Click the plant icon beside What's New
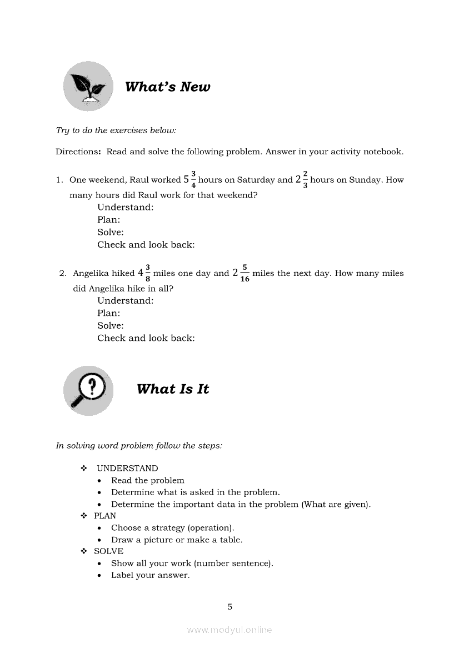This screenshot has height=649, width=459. (x=88, y=86)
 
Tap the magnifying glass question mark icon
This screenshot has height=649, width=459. (x=88, y=390)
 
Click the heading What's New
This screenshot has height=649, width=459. (x=167, y=87)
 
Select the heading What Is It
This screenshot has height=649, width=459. (x=173, y=389)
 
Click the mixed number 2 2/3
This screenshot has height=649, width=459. (x=302, y=179)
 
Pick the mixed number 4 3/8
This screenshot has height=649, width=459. (x=144, y=273)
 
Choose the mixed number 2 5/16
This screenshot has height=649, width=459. (x=241, y=273)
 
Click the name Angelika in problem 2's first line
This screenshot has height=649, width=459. (x=92, y=273)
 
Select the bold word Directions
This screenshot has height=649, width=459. (x=78, y=152)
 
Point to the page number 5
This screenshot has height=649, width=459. (x=229, y=607)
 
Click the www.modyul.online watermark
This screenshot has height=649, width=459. (x=229, y=630)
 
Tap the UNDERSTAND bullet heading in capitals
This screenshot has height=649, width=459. (x=127, y=468)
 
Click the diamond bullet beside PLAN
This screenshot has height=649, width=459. (x=84, y=516)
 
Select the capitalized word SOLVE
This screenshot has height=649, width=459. (x=108, y=551)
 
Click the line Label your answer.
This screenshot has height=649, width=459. (x=150, y=575)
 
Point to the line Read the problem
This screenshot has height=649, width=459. (x=147, y=480)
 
